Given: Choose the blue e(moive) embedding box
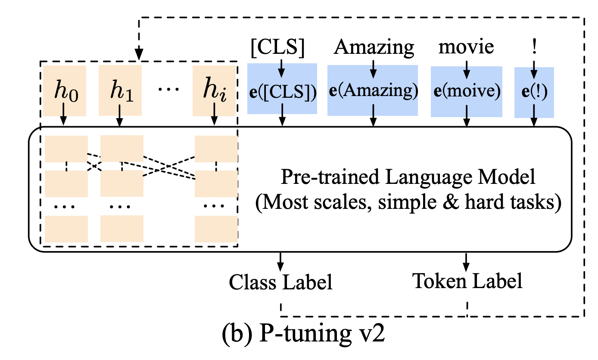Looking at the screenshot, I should [467, 92].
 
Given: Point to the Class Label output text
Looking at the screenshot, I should [281, 282].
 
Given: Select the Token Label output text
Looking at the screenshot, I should [467, 281].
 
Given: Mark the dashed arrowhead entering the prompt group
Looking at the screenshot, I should [140, 55].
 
